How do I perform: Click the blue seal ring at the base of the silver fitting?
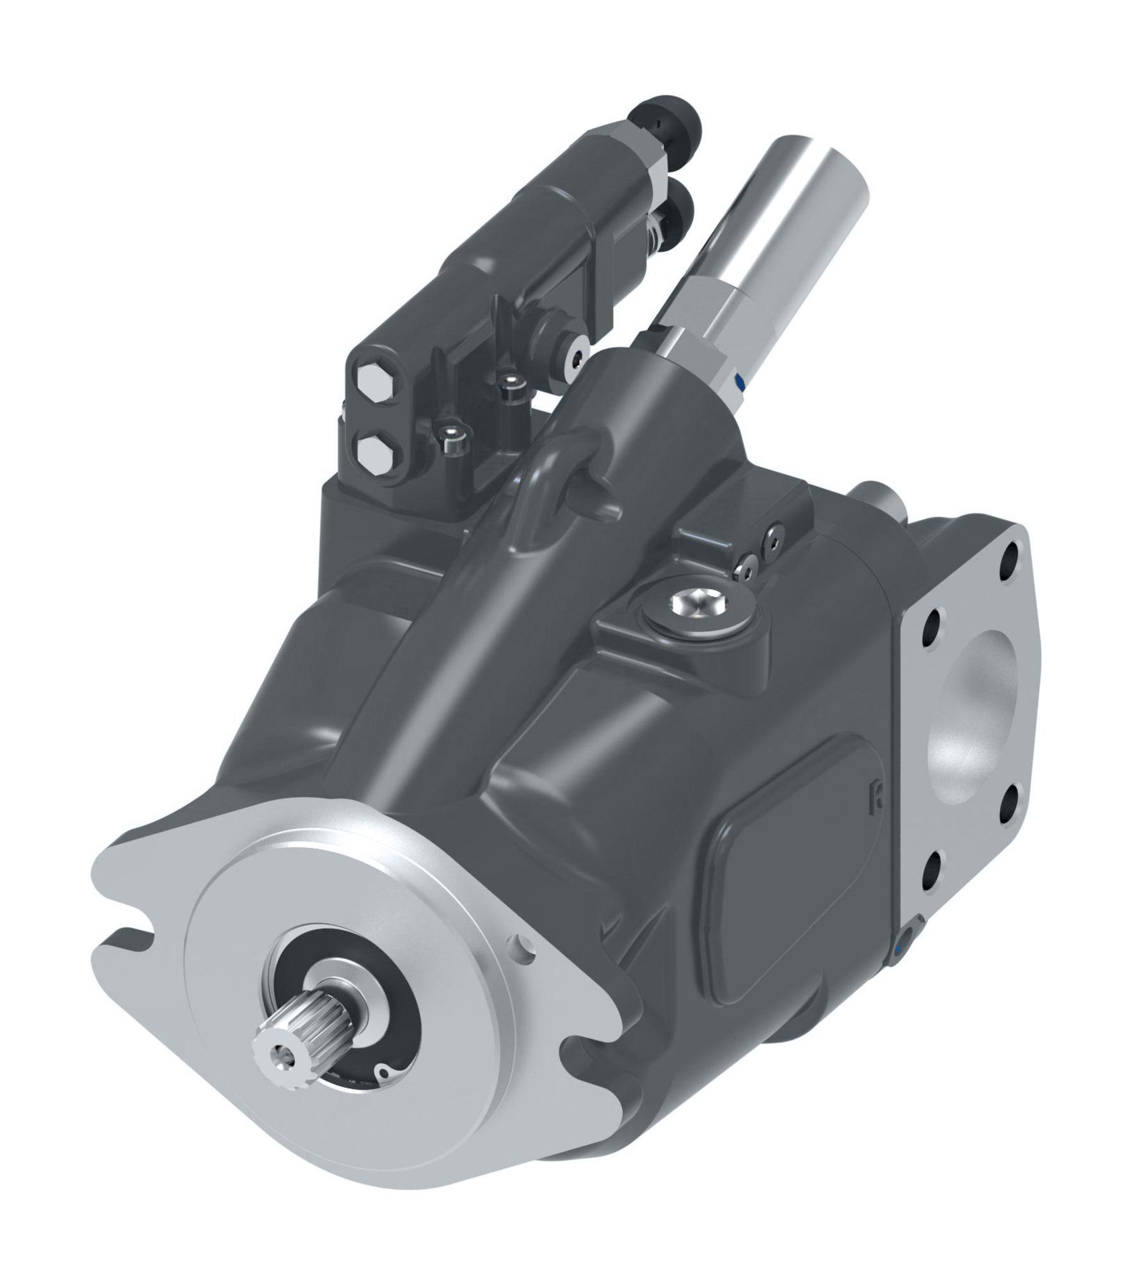741,381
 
